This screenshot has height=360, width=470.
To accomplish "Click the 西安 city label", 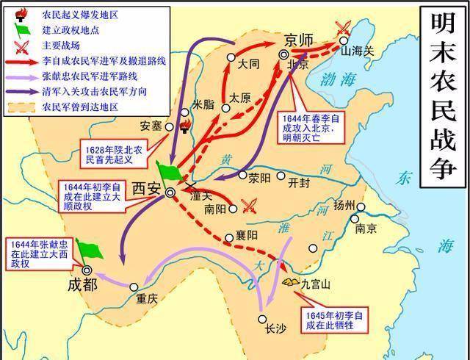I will click(x=146, y=189).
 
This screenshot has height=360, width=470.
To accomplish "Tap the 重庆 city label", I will click(x=146, y=300).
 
